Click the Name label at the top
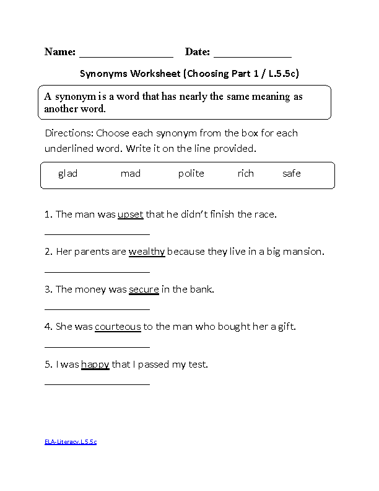click(x=60, y=52)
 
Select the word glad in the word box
click(x=68, y=174)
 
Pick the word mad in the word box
click(x=131, y=174)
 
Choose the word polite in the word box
click(x=191, y=174)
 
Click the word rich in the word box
click(x=245, y=174)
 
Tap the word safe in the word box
click(x=291, y=174)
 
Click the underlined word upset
click(x=130, y=215)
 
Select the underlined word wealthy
click(x=147, y=252)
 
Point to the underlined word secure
click(x=144, y=289)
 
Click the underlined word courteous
click(x=118, y=326)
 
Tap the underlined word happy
click(x=95, y=365)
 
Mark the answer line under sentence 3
click(x=97, y=309)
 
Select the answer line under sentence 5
click(x=97, y=384)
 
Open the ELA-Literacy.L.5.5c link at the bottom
click(x=71, y=442)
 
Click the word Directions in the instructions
click(x=69, y=133)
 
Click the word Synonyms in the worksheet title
click(x=103, y=74)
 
